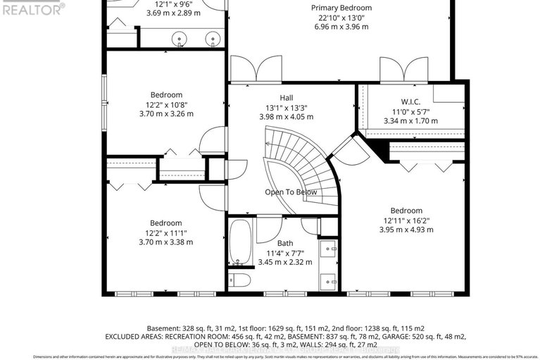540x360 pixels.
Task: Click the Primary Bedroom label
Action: tap(341, 8)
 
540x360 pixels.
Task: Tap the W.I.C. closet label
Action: tap(410, 101)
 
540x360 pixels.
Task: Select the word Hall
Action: tap(286, 98)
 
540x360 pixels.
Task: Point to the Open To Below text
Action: tap(291, 192)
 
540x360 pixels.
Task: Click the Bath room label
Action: tap(284, 243)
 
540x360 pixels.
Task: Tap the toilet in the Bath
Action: tap(241, 280)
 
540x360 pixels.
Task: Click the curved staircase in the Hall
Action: tap(303, 162)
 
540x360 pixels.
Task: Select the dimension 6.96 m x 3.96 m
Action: tap(341, 27)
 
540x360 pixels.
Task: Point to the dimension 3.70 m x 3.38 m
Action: tap(166, 242)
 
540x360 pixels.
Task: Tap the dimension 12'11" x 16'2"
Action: tap(406, 220)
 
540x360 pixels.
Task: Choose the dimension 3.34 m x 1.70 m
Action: tap(410, 120)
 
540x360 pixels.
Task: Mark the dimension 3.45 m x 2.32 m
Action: tap(284, 262)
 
